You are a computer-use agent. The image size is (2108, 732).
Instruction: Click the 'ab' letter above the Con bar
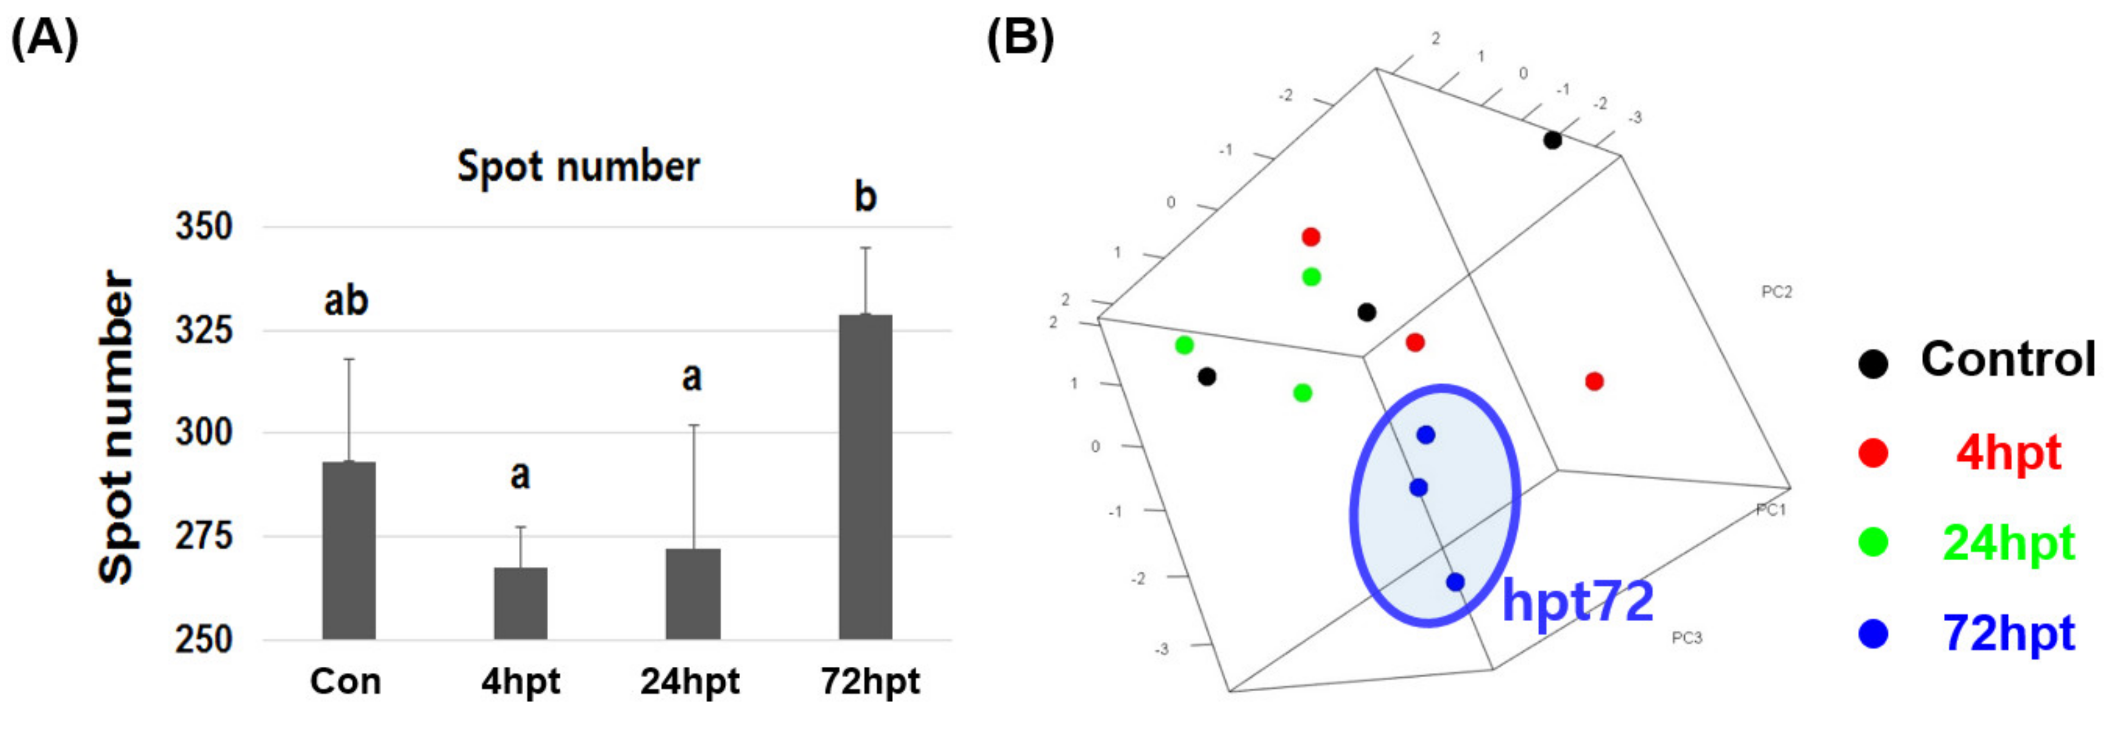346,301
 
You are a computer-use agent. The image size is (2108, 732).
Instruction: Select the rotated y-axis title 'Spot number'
116,427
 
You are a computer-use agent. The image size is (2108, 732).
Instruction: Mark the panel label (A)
45,39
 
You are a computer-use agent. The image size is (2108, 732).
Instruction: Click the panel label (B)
1020,39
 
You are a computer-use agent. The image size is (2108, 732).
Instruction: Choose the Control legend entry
2007,359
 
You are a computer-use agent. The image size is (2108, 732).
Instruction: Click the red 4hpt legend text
2007,452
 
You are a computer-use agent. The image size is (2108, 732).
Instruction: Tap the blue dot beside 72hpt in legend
1873,634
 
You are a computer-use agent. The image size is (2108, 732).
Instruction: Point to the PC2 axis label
1777,292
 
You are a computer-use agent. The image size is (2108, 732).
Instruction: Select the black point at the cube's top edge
1552,141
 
